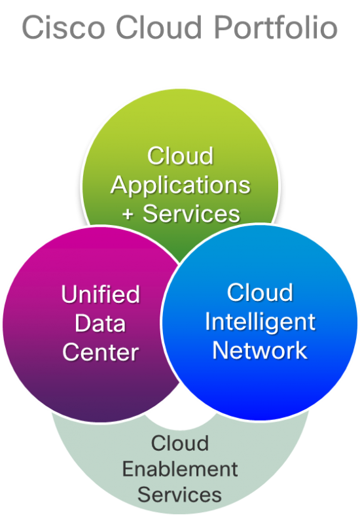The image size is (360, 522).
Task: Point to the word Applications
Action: click(x=180, y=185)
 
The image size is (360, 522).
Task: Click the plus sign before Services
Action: click(x=129, y=214)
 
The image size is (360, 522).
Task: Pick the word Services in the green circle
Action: click(x=192, y=214)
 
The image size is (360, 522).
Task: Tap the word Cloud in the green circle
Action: click(x=180, y=156)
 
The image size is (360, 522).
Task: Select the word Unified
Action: click(x=100, y=294)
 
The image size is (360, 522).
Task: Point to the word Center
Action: click(x=100, y=353)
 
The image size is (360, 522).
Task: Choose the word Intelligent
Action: click(x=260, y=321)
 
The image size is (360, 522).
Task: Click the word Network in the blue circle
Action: click(x=260, y=350)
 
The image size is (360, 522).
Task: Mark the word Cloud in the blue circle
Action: click(x=260, y=292)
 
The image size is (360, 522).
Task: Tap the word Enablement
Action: click(x=180, y=468)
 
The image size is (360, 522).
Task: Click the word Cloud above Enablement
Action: click(x=180, y=444)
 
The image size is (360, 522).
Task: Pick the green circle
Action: click(x=180, y=124)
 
